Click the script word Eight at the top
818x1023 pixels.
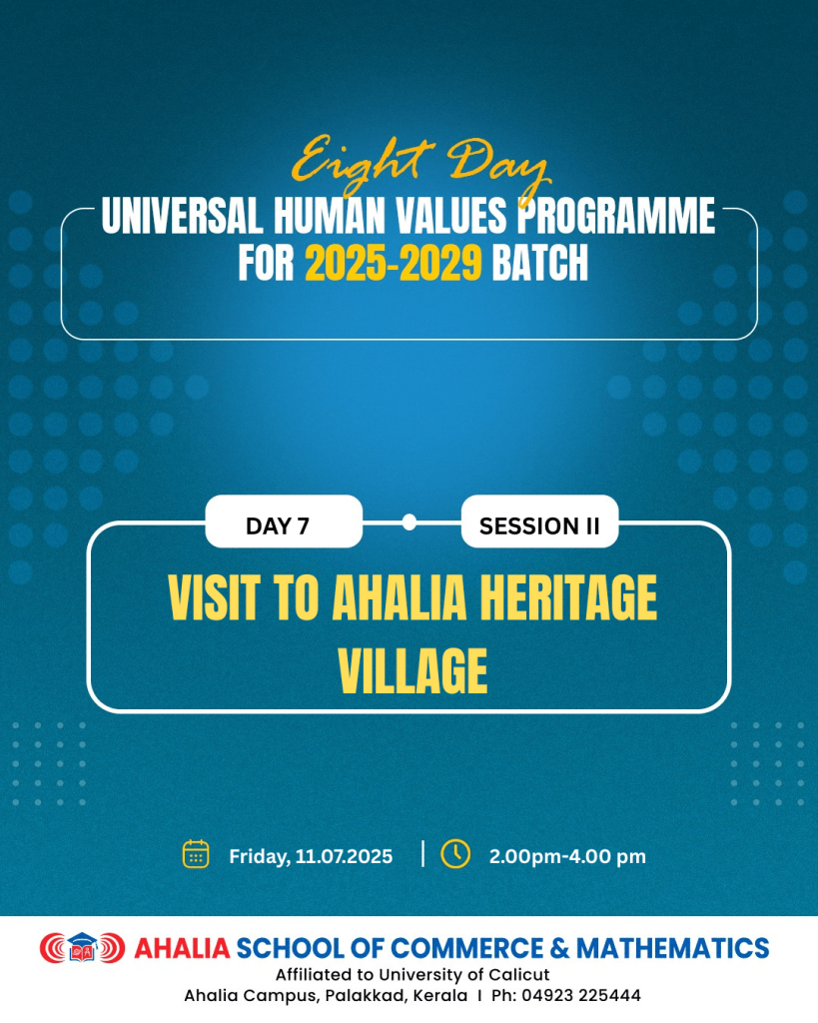tap(362, 163)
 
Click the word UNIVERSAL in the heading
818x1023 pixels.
tap(183, 216)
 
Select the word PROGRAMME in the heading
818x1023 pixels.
tap(616, 216)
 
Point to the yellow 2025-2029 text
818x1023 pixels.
tap(394, 263)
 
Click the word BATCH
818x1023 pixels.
tap(539, 263)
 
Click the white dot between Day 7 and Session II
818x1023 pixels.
tap(409, 521)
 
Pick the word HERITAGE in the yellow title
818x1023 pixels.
tap(568, 597)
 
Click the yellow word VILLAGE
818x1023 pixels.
tap(412, 670)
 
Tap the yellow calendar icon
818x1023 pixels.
tap(196, 854)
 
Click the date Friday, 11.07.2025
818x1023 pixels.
tap(311, 856)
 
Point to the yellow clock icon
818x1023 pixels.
tap(455, 853)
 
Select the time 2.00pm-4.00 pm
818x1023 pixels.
tap(567, 856)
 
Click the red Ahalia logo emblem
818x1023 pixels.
tap(82, 947)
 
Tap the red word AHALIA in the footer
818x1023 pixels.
tap(182, 949)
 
